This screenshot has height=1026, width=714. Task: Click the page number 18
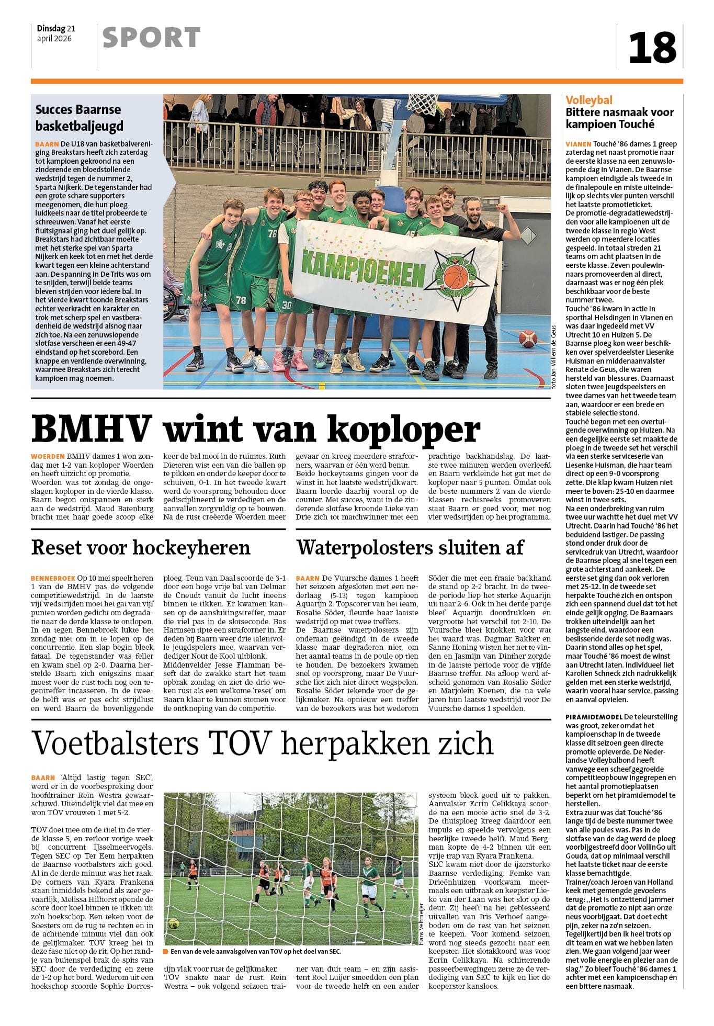652,47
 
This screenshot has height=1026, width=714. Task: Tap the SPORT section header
151,38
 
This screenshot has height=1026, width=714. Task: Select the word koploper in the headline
404,430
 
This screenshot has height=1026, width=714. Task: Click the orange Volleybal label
589,100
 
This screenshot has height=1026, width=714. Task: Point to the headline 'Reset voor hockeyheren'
141,547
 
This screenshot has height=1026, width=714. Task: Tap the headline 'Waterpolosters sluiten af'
410,547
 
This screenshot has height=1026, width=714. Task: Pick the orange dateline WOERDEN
48,456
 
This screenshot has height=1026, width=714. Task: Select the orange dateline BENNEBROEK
53,578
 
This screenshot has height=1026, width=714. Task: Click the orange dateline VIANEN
578,144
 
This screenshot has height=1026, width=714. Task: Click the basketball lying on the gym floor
528,339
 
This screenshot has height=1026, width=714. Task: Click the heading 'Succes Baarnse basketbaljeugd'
78,118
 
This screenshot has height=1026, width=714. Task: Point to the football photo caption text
255,952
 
